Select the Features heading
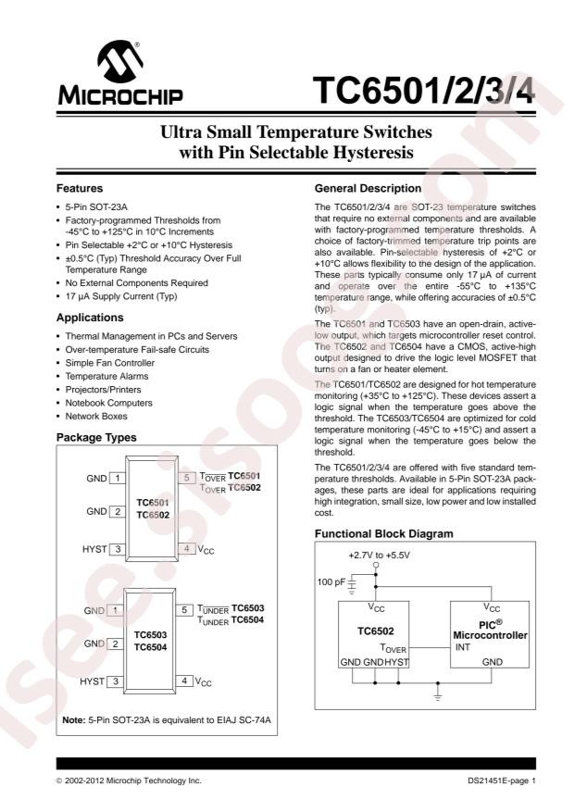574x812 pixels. click(80, 188)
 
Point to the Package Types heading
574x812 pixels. click(96, 437)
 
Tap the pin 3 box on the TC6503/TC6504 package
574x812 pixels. click(117, 681)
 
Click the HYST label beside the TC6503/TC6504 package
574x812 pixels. click(92, 681)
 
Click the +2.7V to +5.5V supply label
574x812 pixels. click(377, 555)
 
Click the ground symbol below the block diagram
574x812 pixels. click(438, 692)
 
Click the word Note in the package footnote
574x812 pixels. click(73, 719)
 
